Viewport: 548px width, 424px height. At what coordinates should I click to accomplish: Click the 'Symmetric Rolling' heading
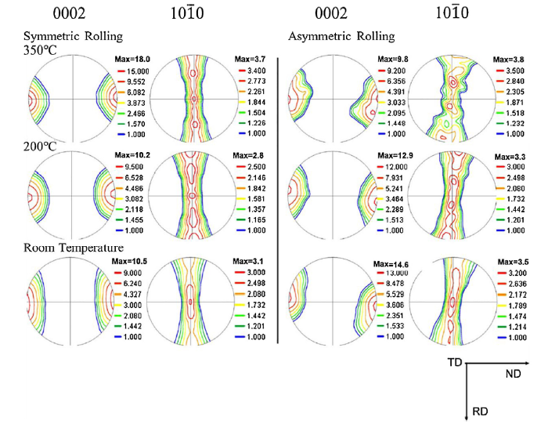click(x=74, y=37)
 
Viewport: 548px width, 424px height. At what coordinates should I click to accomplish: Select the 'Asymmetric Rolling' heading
click(x=341, y=37)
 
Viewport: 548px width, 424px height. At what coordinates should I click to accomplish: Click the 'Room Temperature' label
click(x=74, y=248)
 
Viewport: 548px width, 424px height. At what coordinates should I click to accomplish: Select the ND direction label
click(x=514, y=375)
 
